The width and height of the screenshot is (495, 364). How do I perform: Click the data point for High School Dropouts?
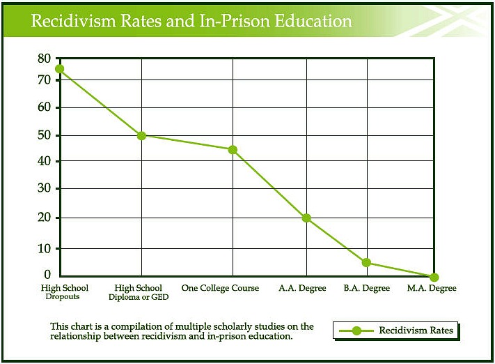click(x=60, y=69)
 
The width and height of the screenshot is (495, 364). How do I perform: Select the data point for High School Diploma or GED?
click(x=142, y=135)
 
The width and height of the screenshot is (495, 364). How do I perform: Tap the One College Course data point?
click(x=233, y=150)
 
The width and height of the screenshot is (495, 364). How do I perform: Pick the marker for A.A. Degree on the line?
click(x=306, y=218)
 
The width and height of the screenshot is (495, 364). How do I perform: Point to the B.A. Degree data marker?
click(x=366, y=263)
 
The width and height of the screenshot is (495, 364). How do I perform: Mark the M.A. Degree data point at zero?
click(x=434, y=278)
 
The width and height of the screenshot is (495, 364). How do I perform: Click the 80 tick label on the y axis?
click(x=44, y=59)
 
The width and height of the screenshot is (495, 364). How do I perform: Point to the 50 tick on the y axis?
click(x=44, y=135)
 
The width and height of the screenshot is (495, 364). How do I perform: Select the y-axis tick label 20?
click(x=44, y=217)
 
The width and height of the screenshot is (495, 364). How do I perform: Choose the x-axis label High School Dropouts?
click(x=65, y=292)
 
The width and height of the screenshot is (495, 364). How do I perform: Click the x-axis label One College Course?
click(x=220, y=288)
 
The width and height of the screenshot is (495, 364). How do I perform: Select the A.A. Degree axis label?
click(x=302, y=288)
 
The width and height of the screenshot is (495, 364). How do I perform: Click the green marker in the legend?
click(x=357, y=331)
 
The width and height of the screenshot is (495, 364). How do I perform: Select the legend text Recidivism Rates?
click(x=416, y=331)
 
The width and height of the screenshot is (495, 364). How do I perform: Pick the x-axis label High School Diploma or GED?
click(x=139, y=292)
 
